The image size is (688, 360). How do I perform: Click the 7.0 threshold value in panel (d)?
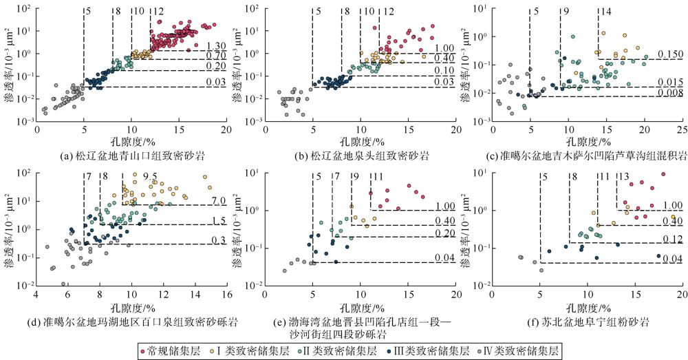point(219,200)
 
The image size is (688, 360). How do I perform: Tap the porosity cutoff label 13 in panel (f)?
point(623,177)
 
